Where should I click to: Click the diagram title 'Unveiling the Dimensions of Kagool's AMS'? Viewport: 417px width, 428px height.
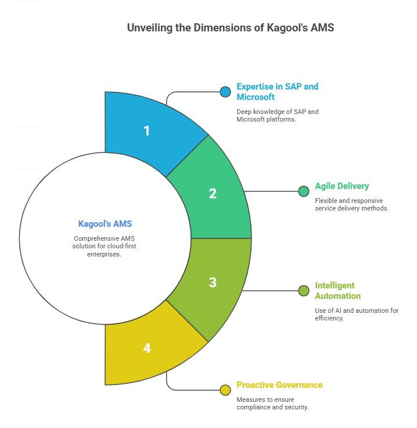(231, 28)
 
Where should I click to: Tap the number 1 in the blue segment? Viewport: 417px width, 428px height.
(146, 131)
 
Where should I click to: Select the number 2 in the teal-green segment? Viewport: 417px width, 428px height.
(213, 194)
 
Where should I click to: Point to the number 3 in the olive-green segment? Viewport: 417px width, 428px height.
(213, 283)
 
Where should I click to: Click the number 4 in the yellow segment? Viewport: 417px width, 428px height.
(147, 348)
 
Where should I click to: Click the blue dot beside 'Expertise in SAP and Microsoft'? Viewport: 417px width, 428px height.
(225, 92)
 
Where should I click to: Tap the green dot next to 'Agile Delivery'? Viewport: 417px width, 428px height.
(304, 191)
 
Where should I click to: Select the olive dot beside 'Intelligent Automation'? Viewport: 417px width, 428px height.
(304, 291)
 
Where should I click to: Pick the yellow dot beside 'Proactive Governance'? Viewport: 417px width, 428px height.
(225, 390)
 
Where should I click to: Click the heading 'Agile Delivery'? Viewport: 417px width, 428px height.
(342, 186)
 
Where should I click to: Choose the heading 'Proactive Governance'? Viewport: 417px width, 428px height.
(279, 385)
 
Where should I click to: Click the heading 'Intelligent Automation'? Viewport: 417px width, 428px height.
(338, 291)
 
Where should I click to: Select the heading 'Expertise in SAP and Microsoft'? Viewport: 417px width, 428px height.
(278, 92)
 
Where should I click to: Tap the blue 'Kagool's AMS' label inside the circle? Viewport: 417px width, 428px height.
(105, 224)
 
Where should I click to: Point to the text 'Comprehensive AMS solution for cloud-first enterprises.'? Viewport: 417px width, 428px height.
(104, 246)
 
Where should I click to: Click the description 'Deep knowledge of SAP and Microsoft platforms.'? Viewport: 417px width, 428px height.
(278, 116)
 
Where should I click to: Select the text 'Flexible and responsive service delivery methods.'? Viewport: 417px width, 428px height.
(351, 205)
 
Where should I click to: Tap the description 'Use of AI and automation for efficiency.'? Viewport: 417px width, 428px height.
(357, 315)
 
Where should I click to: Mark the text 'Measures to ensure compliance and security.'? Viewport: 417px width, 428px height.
(272, 404)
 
